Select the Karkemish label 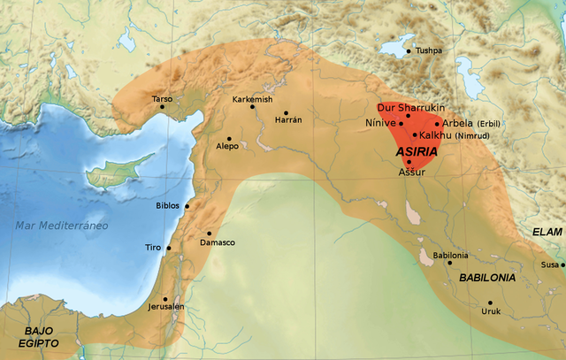tap(252, 100)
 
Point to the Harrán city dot tap(287, 112)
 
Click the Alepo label tap(227, 147)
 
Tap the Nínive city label tap(381, 123)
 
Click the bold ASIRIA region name tap(417, 152)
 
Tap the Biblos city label tap(168, 206)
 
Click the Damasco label tap(218, 242)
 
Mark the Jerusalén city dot tap(165, 298)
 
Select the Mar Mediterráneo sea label tap(61, 226)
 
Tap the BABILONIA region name tap(487, 278)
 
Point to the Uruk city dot tap(490, 303)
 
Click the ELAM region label tap(547, 232)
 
